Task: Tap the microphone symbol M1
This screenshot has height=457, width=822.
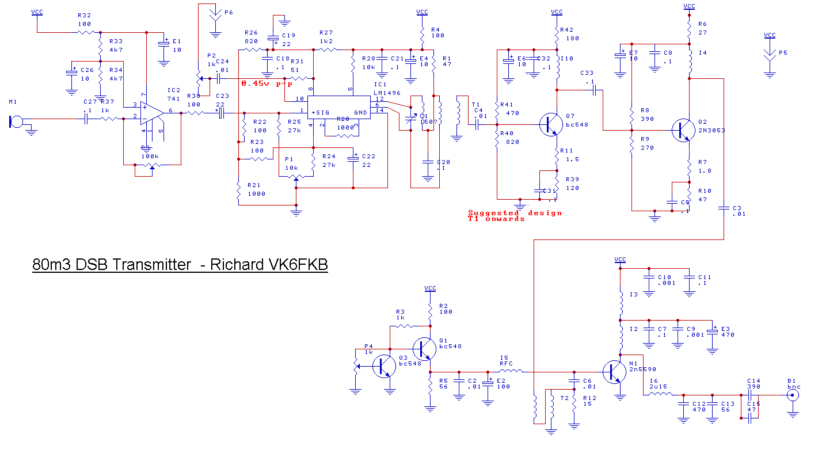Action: pos(16,121)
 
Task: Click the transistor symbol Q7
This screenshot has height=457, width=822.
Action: pos(550,125)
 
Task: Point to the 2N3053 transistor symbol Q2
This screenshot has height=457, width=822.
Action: pos(683,131)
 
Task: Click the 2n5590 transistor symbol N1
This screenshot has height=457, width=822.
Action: pos(614,372)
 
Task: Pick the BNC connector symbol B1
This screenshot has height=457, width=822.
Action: pos(794,395)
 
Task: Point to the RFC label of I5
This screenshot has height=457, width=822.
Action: pos(506,363)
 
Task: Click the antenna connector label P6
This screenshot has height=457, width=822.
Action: pos(229,12)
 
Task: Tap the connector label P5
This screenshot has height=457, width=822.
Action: pos(783,52)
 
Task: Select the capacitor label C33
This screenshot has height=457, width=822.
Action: pos(587,73)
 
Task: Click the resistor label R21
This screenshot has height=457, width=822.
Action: pos(253,185)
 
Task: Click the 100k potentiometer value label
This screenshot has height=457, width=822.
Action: pos(150,156)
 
